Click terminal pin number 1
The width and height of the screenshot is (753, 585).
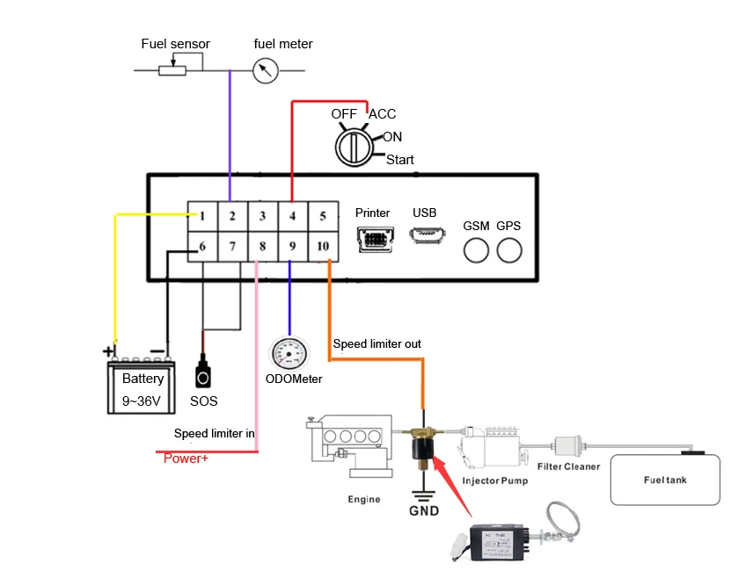coord(202,216)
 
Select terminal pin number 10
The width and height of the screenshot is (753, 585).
coord(323,247)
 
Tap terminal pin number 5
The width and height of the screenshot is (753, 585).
coord(323,216)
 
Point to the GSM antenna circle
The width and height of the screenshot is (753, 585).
coord(476,250)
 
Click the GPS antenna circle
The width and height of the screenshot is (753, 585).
coord(508,250)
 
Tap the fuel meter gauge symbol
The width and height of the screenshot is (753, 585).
coord(265,70)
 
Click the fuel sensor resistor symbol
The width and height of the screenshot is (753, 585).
coord(172,69)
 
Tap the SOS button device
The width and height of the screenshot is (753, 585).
coord(203,374)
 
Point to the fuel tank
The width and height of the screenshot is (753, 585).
coord(665,480)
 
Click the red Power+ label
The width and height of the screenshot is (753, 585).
coord(186,458)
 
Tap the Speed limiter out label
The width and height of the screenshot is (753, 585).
coord(376,343)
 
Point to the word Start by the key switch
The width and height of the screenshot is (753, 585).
coord(400,160)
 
